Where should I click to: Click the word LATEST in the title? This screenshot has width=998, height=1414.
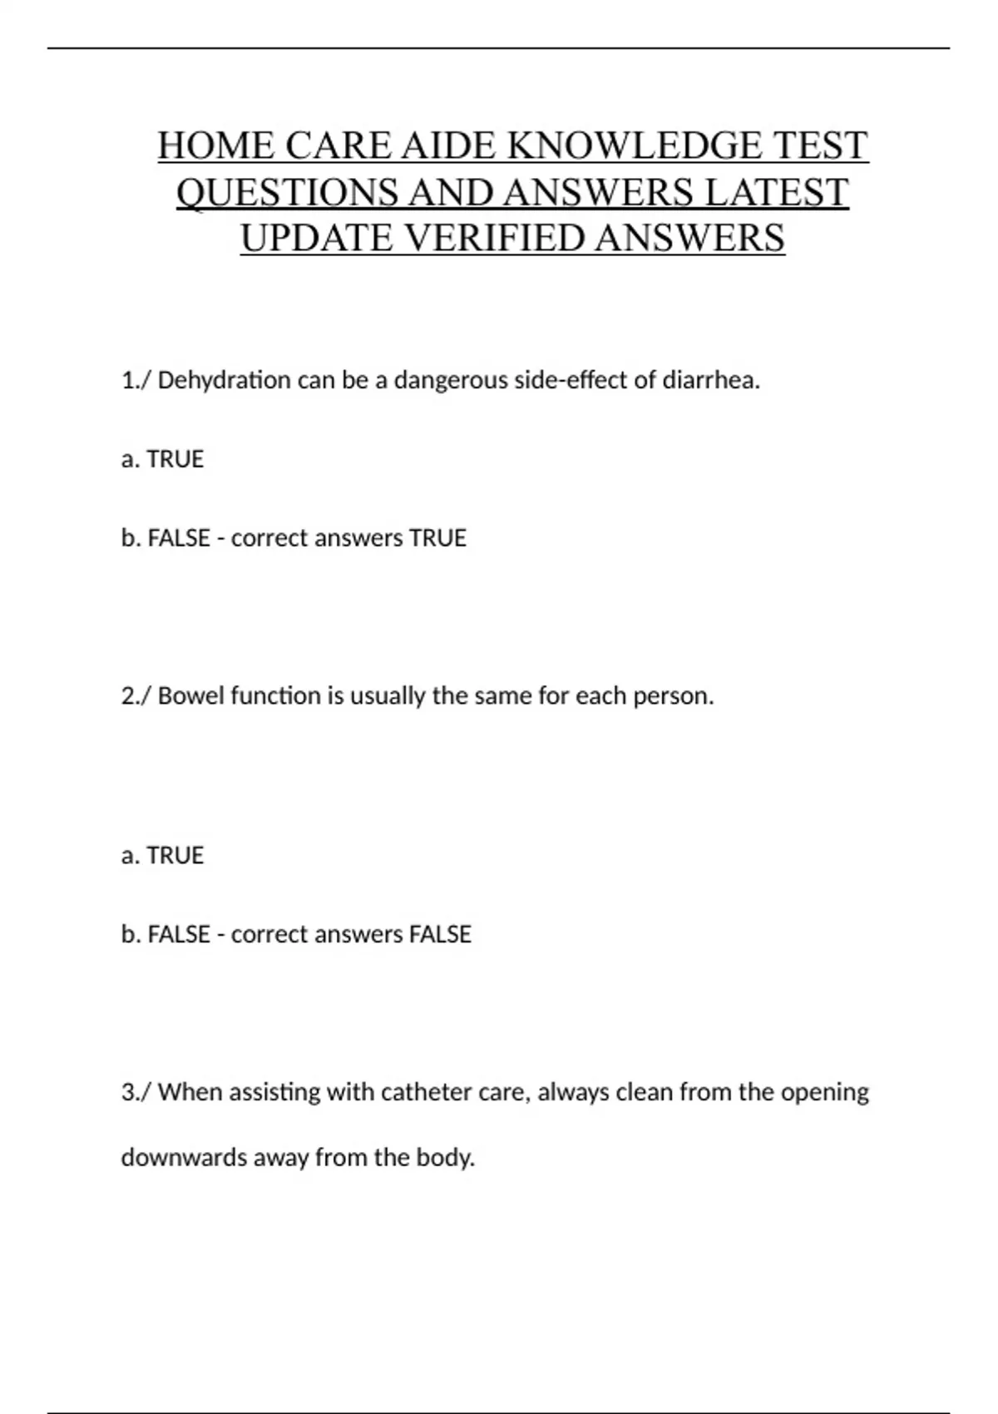coord(777,192)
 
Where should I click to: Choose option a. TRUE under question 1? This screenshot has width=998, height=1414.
coord(163,459)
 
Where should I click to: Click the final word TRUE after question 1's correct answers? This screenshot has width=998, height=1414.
coord(437,538)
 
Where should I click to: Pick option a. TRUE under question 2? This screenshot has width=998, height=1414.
coord(163,855)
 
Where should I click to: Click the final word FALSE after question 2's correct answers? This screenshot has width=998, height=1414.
coord(440,934)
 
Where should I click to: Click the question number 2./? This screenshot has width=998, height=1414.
coord(136,695)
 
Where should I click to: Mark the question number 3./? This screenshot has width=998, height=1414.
coord(136,1091)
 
